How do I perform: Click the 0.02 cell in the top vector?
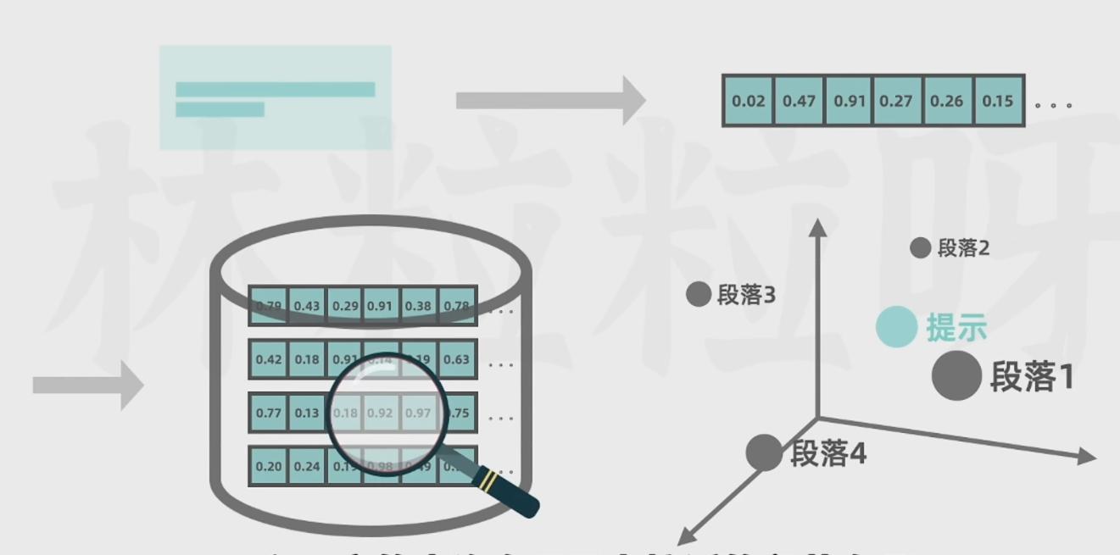click(x=748, y=101)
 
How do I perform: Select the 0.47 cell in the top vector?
click(x=799, y=101)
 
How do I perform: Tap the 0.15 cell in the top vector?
click(x=998, y=101)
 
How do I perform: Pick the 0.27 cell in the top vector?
click(x=896, y=101)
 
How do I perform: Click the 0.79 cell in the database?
click(x=269, y=306)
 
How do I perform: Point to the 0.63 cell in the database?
click(x=457, y=359)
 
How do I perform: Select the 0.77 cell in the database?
click(x=269, y=413)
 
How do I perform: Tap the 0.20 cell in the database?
click(x=269, y=466)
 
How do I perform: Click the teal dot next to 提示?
click(x=896, y=327)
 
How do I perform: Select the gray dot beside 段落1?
click(x=956, y=376)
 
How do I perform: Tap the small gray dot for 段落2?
click(x=920, y=248)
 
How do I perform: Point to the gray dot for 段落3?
click(x=698, y=295)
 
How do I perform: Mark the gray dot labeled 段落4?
click(x=763, y=452)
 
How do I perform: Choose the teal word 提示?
click(x=956, y=328)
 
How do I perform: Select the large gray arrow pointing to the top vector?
click(x=550, y=101)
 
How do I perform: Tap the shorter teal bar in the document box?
click(x=220, y=109)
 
